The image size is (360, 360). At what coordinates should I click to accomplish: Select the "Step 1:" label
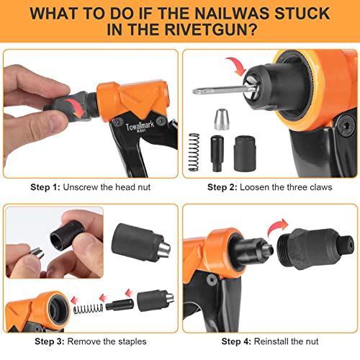(45, 186)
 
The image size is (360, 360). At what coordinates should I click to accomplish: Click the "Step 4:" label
(223, 342)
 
